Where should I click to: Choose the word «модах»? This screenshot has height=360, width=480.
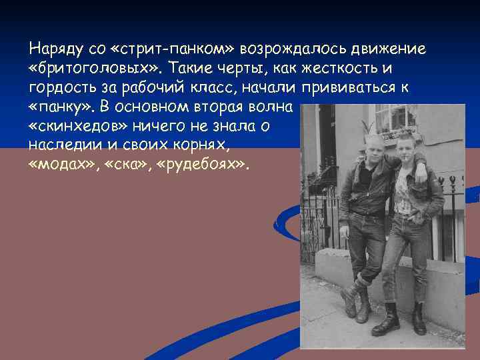(63, 165)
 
